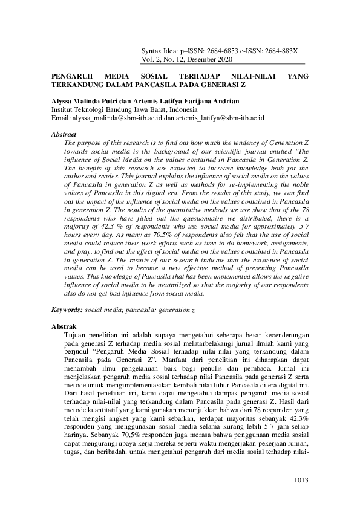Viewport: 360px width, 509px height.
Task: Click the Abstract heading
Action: (x=64, y=134)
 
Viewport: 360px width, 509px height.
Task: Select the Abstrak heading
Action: (x=64, y=326)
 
